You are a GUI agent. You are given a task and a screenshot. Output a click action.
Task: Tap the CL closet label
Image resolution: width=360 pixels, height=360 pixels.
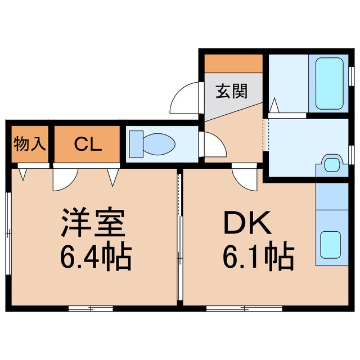click(x=88, y=145)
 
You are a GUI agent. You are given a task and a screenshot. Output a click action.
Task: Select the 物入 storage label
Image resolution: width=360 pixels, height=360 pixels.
click(x=29, y=145)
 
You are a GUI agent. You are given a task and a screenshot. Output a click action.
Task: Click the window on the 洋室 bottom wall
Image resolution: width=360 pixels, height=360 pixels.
click(x=91, y=308)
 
